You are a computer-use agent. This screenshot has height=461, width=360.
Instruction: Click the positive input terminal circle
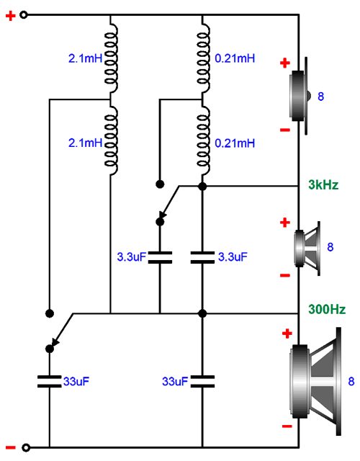pyautogui.click(x=24, y=14)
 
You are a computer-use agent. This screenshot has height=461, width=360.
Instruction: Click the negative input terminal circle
pyautogui.click(x=26, y=447)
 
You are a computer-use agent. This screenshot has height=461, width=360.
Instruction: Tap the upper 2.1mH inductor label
pyautogui.click(x=85, y=58)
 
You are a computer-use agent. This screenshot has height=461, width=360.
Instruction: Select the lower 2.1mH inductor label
pyautogui.click(x=85, y=143)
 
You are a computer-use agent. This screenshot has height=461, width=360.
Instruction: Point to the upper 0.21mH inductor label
pyautogui.click(x=235, y=58)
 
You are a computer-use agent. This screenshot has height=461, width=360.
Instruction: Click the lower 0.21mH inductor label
pyautogui.click(x=235, y=143)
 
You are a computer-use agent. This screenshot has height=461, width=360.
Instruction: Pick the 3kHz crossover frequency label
pyautogui.click(x=323, y=184)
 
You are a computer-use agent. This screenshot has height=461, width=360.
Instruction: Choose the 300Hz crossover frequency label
pyautogui.click(x=327, y=309)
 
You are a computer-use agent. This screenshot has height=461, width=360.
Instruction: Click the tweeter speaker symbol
pyautogui.click(x=300, y=96)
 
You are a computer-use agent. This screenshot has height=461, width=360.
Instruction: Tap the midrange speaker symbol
pyautogui.click(x=307, y=249)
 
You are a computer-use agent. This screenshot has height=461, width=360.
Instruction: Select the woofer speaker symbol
pyautogui.click(x=315, y=381)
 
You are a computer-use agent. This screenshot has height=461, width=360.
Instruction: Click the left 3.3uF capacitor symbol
pyautogui.click(x=160, y=257)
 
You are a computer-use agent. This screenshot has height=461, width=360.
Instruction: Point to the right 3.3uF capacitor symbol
pyautogui.click(x=202, y=257)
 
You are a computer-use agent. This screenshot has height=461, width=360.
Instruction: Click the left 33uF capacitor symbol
pyautogui.click(x=50, y=381)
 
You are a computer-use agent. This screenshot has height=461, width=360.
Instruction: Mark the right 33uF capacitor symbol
pyautogui.click(x=202, y=381)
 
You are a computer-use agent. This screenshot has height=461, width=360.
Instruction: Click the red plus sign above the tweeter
pyautogui.click(x=285, y=63)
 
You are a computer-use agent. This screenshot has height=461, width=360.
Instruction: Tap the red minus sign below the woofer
pyautogui.click(x=287, y=426)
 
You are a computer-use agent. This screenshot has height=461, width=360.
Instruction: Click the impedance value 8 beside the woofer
pyautogui.click(x=351, y=381)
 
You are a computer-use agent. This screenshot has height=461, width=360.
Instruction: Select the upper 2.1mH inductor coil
pyautogui.click(x=111, y=58)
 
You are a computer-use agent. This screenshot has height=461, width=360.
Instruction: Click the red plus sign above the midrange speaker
pyautogui.click(x=285, y=223)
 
